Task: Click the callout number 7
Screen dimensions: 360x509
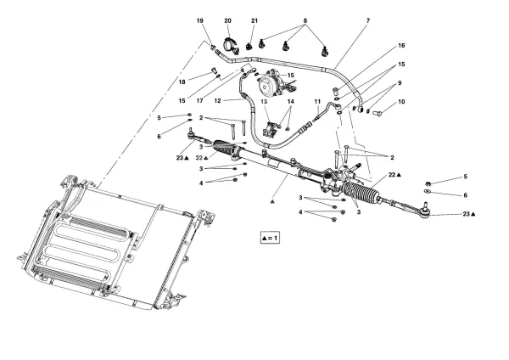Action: point(367,20)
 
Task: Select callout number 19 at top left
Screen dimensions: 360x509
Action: point(200,20)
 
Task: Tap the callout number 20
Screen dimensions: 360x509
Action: point(227,20)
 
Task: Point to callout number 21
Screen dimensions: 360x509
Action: point(254,20)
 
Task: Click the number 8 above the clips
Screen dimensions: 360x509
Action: point(305,20)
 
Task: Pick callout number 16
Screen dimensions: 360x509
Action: point(401,45)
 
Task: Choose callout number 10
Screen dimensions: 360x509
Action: point(401,102)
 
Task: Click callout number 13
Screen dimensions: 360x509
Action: point(264,101)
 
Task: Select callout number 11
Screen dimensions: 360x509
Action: point(317,102)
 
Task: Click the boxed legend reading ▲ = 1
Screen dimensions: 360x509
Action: point(270,237)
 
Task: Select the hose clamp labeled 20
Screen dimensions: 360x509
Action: point(229,44)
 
